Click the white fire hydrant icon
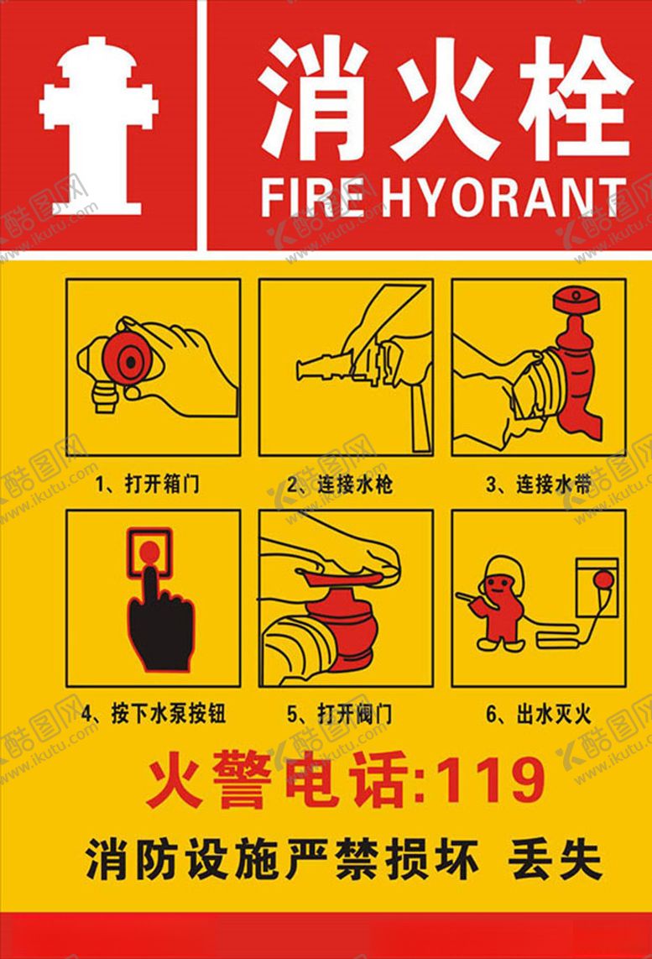98,126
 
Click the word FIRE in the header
310,198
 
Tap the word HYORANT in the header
503,198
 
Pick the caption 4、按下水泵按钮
154,715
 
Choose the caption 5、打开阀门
340,715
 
